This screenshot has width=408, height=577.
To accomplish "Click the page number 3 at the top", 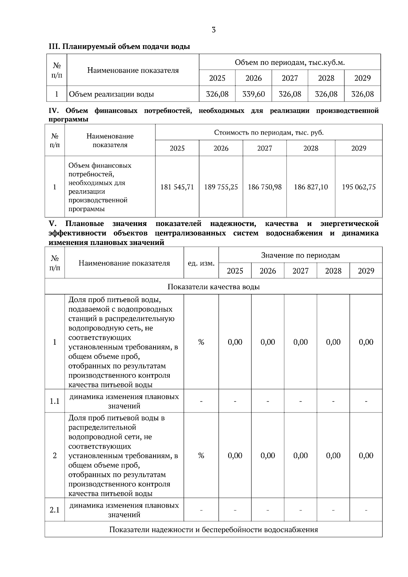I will tap(214, 30).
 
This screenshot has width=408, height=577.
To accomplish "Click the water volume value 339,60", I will tap(253, 94).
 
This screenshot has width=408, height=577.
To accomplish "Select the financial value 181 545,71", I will tap(177, 187).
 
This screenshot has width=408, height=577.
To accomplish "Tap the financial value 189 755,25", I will tap(221, 187).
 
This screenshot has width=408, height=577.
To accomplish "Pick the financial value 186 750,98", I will tap(265, 187).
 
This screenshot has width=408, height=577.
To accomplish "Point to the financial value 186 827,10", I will tap(311, 187).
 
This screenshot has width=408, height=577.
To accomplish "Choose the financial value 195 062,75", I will tap(359, 187).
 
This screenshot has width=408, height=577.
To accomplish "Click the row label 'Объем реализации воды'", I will tap(112, 94).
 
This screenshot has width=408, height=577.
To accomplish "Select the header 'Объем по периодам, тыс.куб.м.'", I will tap(290, 63).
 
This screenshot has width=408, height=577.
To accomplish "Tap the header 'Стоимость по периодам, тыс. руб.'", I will tap(269, 133).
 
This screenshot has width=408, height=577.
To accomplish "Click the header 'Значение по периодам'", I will tap(300, 255).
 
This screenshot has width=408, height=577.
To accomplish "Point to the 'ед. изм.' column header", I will tap(201, 263).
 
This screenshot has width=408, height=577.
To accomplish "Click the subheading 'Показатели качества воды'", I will tap(214, 287).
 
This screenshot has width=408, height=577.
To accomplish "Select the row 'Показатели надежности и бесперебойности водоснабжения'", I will tap(214, 529).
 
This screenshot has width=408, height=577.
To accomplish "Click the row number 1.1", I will tap(55, 401).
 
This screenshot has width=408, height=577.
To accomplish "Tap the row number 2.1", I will tap(55, 510).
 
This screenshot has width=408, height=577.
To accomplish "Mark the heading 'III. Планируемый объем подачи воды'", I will tap(119, 47).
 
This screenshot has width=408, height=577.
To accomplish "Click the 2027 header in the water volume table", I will tap(290, 78).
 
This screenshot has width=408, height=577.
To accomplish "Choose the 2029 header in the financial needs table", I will tap(359, 148).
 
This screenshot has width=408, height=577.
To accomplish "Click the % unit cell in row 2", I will tap(201, 455).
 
